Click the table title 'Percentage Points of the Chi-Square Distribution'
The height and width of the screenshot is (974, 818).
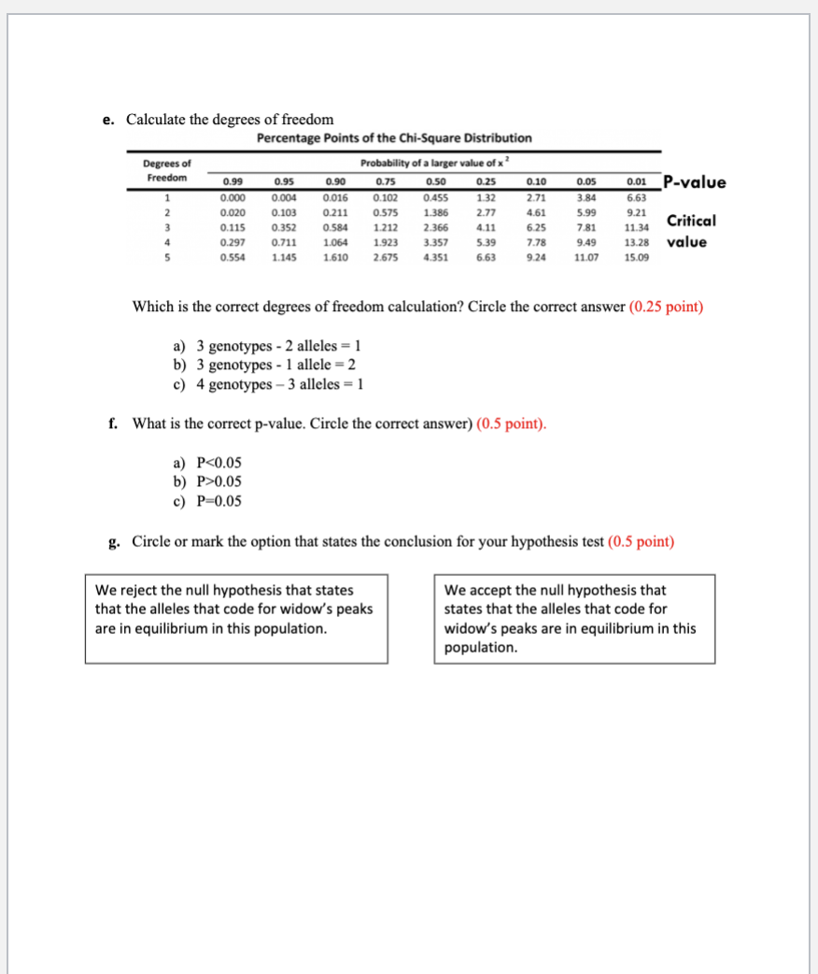(394, 138)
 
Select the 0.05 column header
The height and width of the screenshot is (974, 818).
(585, 182)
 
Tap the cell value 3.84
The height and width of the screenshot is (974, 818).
(585, 198)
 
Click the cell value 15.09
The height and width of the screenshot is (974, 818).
(636, 258)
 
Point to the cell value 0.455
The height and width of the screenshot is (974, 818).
(434, 198)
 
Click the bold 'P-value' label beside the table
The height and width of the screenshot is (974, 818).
(693, 182)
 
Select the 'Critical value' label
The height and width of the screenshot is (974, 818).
(690, 231)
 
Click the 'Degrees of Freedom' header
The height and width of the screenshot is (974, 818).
(166, 170)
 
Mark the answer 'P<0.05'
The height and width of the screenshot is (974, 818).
(219, 463)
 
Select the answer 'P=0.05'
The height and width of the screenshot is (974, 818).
(219, 501)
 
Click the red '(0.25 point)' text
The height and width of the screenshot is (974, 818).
(666, 307)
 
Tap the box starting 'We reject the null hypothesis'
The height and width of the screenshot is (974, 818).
(235, 618)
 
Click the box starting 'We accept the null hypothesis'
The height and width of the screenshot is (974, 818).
(574, 618)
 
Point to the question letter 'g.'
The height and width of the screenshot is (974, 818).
(114, 541)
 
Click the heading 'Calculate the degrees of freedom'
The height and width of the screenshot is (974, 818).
(230, 119)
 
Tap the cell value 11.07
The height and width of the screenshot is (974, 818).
(585, 258)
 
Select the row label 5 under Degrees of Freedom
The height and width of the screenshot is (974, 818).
(167, 258)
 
